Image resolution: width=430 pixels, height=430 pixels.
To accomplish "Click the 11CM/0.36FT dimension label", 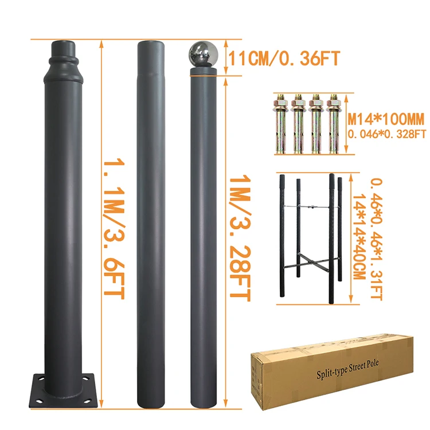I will (284, 58).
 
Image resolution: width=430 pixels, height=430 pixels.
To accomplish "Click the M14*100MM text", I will (387, 120).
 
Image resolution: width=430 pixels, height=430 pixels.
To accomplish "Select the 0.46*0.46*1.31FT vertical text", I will (376, 239).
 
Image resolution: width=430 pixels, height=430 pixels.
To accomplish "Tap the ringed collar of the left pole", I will (61, 60).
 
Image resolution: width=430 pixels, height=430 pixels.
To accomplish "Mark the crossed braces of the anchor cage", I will (313, 264).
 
